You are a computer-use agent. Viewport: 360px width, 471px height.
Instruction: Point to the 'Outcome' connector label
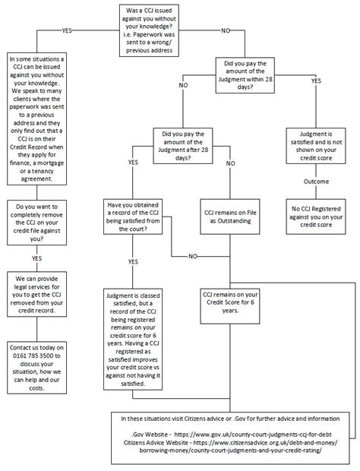(x=317, y=182)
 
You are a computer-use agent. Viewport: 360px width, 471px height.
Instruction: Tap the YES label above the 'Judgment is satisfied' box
(x=316, y=80)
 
